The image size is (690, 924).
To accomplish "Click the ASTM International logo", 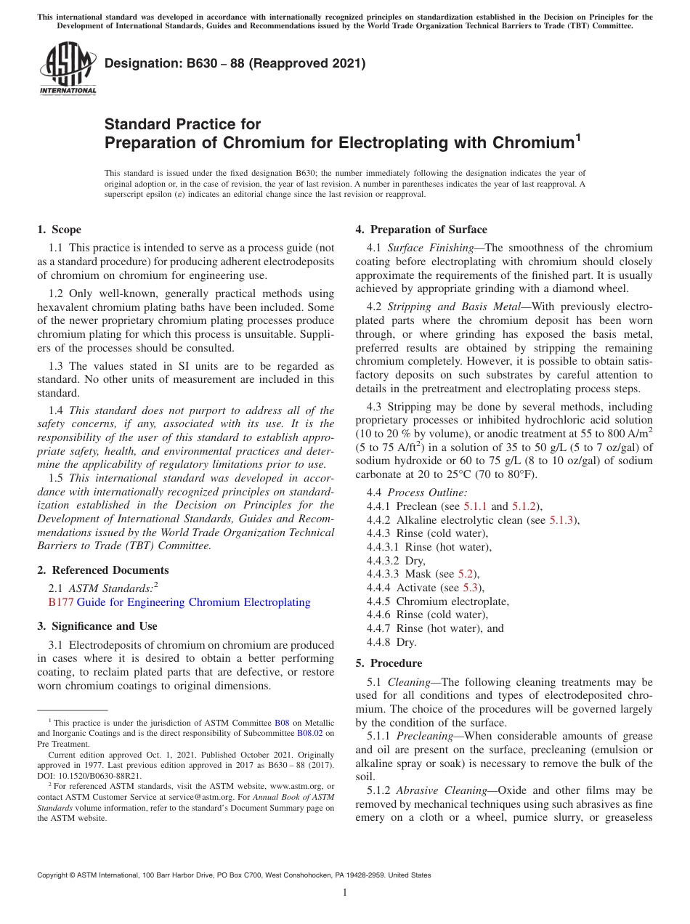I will [x=67, y=69].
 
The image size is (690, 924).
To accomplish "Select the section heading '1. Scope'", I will [x=59, y=230].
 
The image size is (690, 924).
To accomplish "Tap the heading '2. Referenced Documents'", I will [x=102, y=570].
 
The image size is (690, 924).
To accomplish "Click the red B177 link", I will [x=60, y=602].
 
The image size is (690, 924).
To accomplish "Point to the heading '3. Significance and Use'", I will [x=97, y=626].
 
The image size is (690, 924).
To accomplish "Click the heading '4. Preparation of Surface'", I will [x=421, y=230].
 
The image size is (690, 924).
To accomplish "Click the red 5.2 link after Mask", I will [x=465, y=575].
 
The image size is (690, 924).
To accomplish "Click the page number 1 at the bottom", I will [x=345, y=893].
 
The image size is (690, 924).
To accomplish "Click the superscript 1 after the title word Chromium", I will [x=577, y=137].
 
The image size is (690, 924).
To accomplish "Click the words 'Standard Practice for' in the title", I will [x=182, y=124].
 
